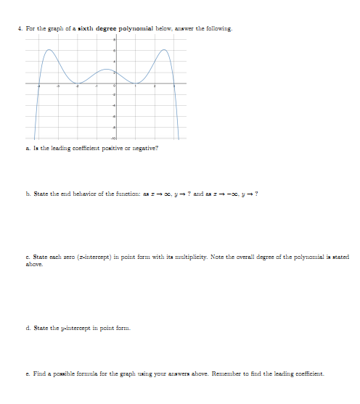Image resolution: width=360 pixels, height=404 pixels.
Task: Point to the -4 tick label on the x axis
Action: pyautogui.click(x=40, y=87)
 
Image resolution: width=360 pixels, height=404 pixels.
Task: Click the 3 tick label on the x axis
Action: pyautogui.click(x=173, y=87)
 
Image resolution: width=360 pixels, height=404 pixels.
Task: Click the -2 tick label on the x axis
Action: pyautogui.click(x=78, y=87)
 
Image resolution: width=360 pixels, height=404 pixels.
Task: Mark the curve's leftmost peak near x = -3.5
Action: pyautogui.click(x=49, y=50)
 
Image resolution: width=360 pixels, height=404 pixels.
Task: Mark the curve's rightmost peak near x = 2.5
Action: pyautogui.click(x=165, y=50)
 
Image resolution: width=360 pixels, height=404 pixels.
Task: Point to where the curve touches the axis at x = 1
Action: pyautogui.click(x=135, y=83)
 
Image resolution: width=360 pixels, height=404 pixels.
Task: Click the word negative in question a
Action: pyautogui.click(x=144, y=148)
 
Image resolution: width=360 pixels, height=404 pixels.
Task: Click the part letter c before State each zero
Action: pyautogui.click(x=27, y=257)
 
